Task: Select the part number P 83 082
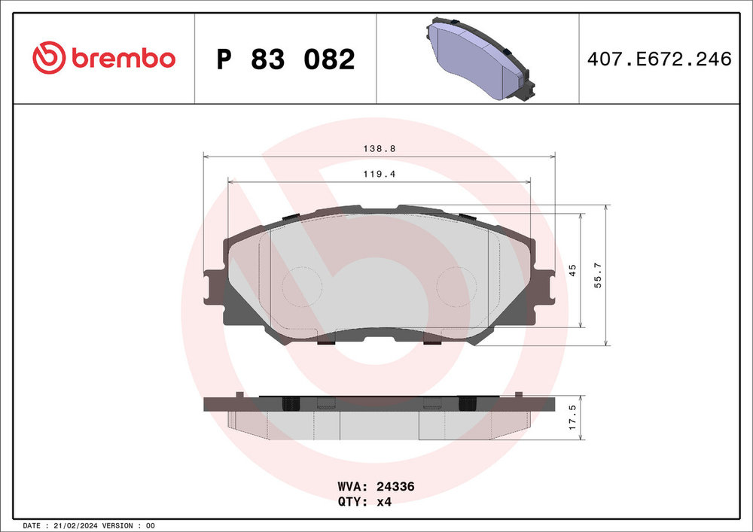(285, 59)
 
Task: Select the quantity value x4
(383, 502)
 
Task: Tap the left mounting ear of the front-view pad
(212, 288)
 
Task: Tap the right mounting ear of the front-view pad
(545, 288)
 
